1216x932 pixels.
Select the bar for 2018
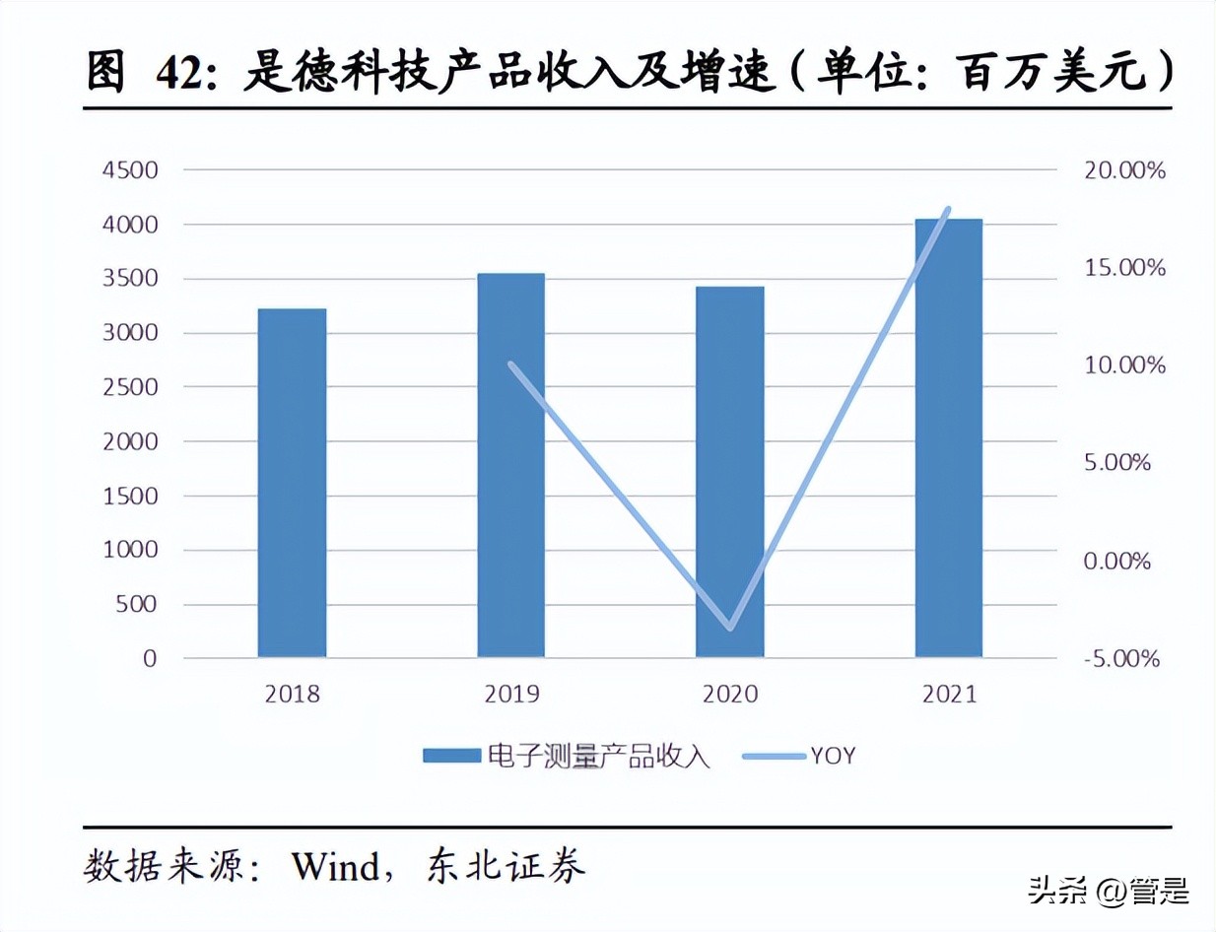coord(292,483)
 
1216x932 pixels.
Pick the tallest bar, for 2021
coord(948,437)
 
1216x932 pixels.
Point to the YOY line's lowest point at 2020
coord(730,627)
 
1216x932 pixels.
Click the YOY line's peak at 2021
coord(948,209)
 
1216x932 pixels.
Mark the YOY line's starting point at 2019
coord(510,365)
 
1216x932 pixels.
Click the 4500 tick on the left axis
coord(129,170)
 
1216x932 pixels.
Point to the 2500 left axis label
coord(129,387)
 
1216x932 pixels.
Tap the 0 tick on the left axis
coord(149,658)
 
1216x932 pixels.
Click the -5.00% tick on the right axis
coord(1115,658)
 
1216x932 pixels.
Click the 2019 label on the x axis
coord(511,695)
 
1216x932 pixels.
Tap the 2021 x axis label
coord(949,695)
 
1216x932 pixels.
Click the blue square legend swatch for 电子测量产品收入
coord(451,756)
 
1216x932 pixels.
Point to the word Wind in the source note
coord(335,867)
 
